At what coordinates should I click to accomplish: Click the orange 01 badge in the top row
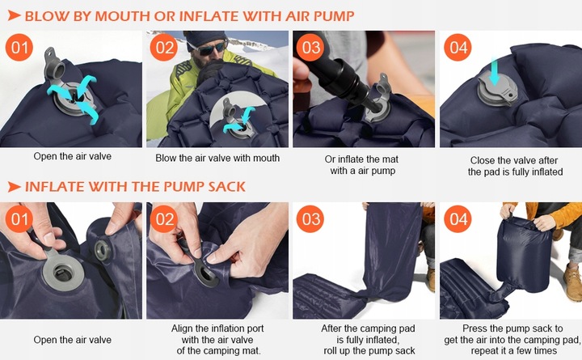[19, 47]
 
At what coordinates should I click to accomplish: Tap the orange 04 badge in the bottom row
[458, 218]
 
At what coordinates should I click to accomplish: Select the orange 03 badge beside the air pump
[310, 47]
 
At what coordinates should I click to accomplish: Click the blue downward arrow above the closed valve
[494, 70]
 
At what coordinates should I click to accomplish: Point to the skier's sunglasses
[212, 48]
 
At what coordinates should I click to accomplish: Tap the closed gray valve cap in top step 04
[497, 90]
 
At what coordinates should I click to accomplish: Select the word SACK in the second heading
[226, 187]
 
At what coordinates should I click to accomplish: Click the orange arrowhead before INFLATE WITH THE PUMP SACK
[14, 187]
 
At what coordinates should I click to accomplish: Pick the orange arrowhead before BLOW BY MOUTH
[14, 15]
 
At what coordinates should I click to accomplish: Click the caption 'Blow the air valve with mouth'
[217, 158]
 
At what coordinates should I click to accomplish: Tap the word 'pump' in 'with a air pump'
[383, 172]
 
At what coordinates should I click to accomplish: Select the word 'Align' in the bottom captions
[182, 328]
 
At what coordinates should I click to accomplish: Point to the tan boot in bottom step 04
[572, 282]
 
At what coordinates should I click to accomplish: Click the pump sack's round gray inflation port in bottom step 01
[103, 250]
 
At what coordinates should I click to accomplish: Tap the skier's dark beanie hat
[204, 37]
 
